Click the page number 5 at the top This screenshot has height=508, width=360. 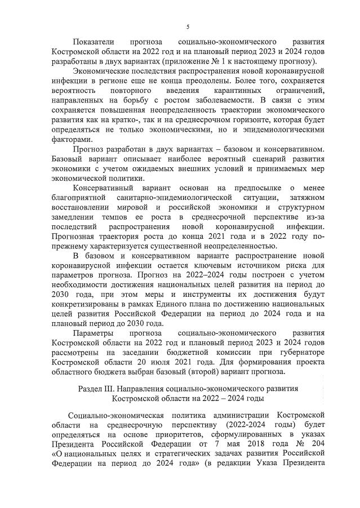187,26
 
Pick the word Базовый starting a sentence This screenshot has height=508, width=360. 69,159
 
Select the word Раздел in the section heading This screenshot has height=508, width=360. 91,389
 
